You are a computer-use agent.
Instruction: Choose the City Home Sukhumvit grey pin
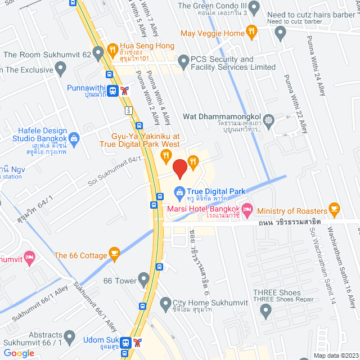[x=165, y=304]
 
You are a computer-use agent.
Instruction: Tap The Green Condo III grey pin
[x=254, y=8]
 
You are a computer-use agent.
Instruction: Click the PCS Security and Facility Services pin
[x=182, y=60]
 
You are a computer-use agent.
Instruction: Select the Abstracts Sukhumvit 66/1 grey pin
[x=69, y=337]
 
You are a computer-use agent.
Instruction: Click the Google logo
[x=19, y=353]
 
